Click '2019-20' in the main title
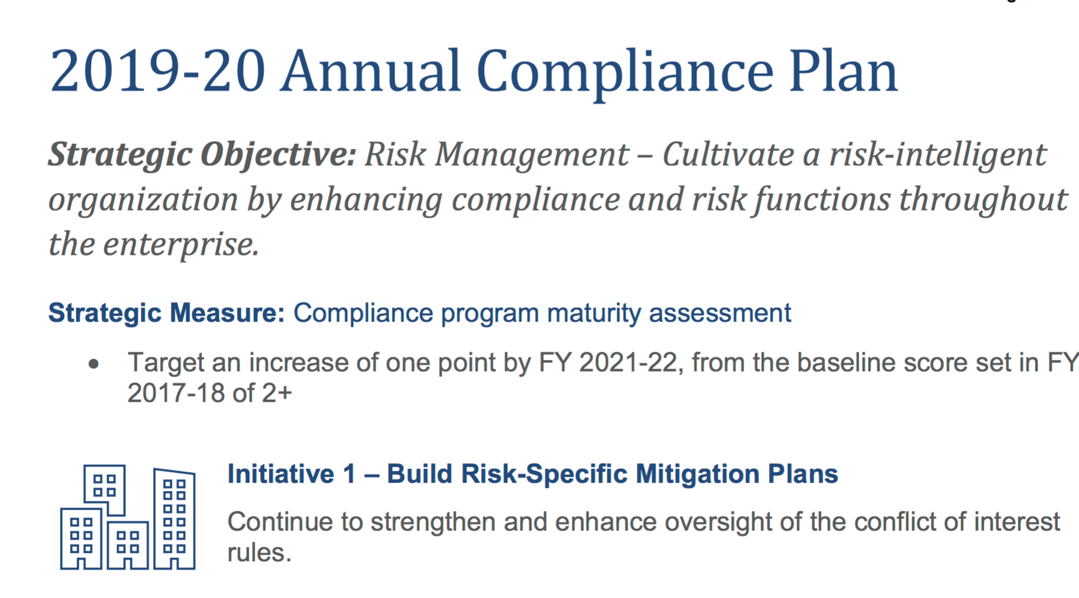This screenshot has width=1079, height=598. (157, 71)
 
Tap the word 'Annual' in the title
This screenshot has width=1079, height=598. (370, 71)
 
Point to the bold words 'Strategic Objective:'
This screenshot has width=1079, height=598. (202, 155)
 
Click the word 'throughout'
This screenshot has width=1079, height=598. (983, 200)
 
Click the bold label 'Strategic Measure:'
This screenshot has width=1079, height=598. (166, 313)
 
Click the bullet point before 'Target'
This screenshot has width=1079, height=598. (94, 364)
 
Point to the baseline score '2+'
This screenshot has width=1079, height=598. (277, 393)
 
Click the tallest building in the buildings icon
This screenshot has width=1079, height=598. (175, 518)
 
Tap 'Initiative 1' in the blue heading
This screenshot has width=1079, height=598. (292, 474)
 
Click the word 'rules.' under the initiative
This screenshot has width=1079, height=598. (259, 553)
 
